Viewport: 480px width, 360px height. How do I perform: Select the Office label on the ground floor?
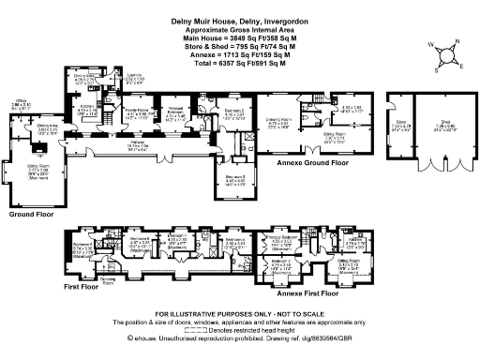[22, 104]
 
